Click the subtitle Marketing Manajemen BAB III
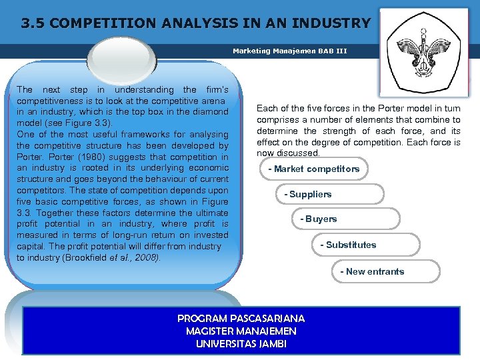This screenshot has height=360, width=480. tap(290, 51)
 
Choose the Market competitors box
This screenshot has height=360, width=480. tap(313, 169)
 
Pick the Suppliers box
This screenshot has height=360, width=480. tap(308, 195)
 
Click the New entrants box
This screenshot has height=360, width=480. tap(372, 272)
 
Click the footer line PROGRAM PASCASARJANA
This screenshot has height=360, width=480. tap(241, 319)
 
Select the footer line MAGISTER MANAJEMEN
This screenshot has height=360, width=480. tap(241, 331)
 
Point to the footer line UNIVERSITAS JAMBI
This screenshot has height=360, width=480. tap(241, 344)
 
